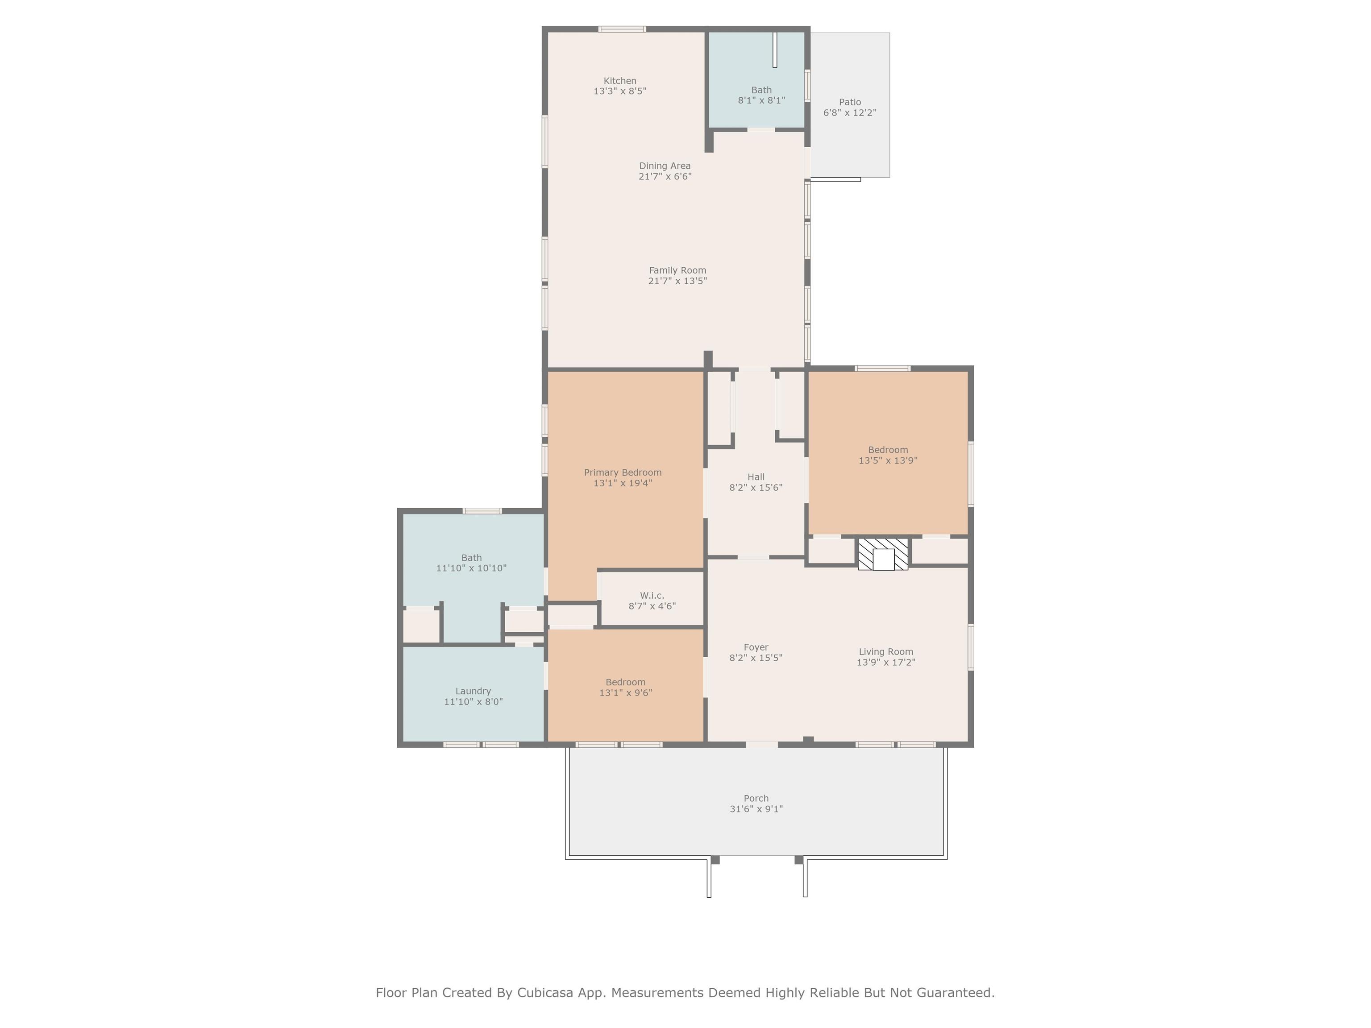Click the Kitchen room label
(620, 81)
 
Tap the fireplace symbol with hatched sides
(883, 554)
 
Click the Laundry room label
(473, 691)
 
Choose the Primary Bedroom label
(623, 472)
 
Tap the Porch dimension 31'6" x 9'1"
(756, 808)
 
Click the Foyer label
(756, 647)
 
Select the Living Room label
(886, 651)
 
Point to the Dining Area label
(665, 166)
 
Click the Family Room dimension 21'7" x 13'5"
(677, 281)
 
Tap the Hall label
(756, 477)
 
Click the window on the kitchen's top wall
(622, 29)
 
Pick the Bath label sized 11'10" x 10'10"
(472, 558)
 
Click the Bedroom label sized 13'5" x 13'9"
(888, 450)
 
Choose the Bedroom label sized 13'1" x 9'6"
(625, 682)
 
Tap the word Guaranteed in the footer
(956, 993)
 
